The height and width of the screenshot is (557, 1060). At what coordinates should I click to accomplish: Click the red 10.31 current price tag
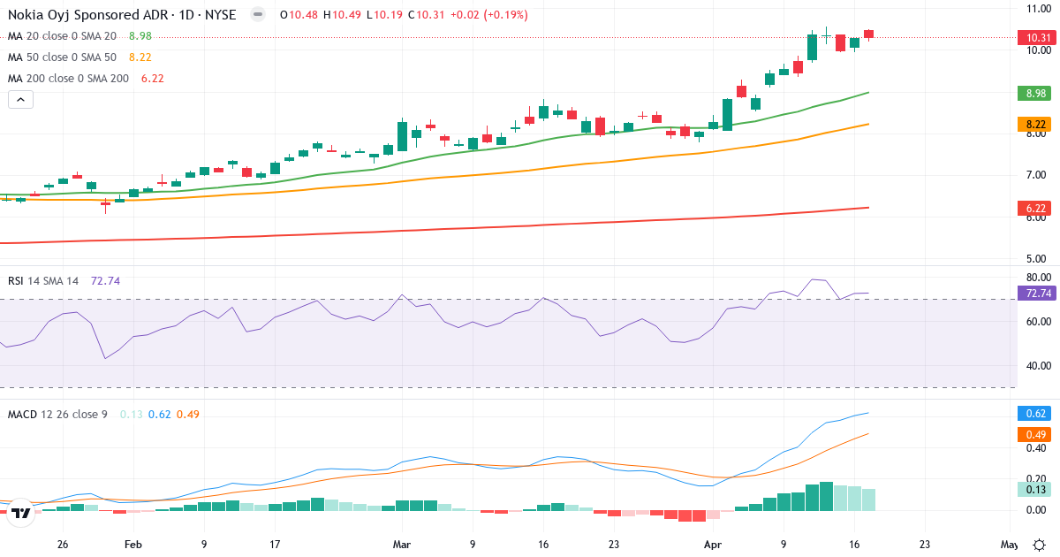pos(1034,37)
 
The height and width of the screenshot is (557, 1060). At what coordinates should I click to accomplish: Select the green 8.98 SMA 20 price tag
pos(1034,93)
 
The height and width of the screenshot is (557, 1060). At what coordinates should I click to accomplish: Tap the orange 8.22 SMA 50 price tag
pos(1034,125)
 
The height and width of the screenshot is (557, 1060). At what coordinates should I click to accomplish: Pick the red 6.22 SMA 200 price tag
pos(1034,208)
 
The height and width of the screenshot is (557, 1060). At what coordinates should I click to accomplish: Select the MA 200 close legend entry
pos(69,79)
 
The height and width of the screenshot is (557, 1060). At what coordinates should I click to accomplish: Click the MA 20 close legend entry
pos(62,36)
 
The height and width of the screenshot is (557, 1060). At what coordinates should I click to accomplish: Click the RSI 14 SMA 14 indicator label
pos(43,280)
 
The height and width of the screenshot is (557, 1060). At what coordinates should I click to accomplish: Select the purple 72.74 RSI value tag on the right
pos(1034,294)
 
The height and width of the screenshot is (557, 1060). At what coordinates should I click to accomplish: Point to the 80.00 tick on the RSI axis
pos(1038,277)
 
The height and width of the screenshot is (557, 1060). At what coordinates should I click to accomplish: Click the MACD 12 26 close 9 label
pos(57,414)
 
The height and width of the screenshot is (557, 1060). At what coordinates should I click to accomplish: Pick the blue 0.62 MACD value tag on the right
pos(1034,413)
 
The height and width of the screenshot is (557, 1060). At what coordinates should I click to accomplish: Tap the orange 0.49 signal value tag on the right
pos(1034,434)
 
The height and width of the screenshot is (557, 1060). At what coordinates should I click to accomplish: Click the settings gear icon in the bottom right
pos(1040,545)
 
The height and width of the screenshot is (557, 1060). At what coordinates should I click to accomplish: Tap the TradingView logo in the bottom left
pos(21,512)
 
